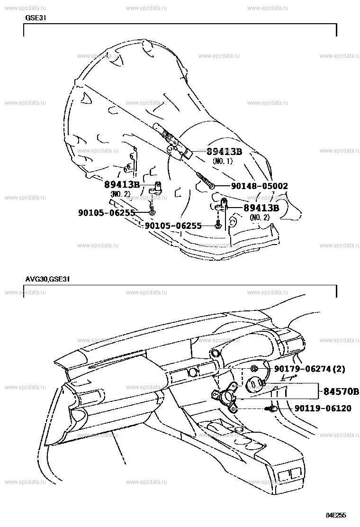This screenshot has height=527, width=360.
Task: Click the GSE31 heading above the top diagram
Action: tap(36, 18)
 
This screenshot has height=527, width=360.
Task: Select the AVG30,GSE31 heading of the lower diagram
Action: tap(47, 279)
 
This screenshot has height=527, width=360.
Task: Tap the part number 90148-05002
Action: tap(260, 186)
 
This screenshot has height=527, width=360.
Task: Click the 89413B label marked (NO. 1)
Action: tap(224, 152)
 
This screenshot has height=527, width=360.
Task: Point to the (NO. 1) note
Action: tap(222, 161)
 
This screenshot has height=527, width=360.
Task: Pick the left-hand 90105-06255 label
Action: tap(107, 212)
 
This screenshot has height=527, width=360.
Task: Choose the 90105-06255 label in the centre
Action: tap(173, 226)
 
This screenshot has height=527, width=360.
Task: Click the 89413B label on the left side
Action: tap(122, 184)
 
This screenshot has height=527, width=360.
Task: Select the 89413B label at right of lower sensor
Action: tap(261, 208)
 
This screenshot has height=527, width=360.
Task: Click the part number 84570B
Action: tap(341, 391)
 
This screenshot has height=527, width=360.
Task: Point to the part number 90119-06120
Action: tap(323, 409)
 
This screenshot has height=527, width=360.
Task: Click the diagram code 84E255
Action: tap(336, 515)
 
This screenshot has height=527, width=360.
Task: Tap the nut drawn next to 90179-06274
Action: tap(254, 369)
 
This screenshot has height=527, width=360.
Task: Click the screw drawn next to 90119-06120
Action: tap(271, 409)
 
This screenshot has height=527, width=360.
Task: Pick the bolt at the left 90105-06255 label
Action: tap(152, 211)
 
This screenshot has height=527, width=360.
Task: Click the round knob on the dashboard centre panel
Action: tap(192, 372)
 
